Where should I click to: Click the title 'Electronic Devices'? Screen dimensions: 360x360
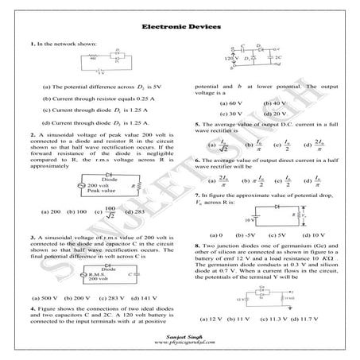point(179,27)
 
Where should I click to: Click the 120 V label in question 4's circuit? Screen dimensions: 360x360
point(231,60)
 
